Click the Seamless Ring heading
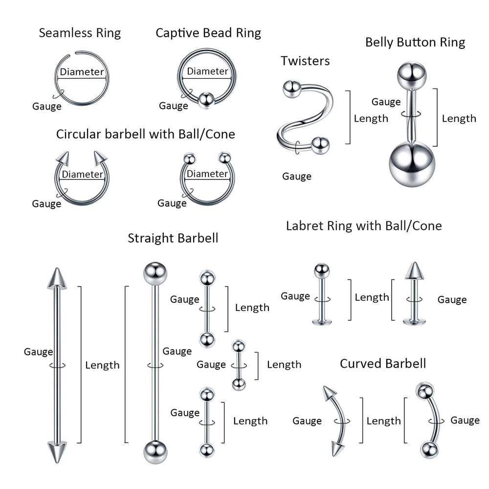[80, 33]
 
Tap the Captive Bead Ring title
[208, 33]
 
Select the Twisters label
[305, 61]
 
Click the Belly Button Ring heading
[415, 43]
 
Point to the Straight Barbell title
[173, 238]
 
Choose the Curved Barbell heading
[383, 363]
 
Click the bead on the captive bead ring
[206, 100]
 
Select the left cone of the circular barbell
[63, 158]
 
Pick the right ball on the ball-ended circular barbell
[225, 158]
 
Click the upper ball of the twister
[291, 89]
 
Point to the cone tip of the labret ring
[414, 270]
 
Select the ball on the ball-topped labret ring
[321, 271]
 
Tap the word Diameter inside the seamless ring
[82, 72]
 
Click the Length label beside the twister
[371, 118]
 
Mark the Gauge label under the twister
[296, 177]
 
